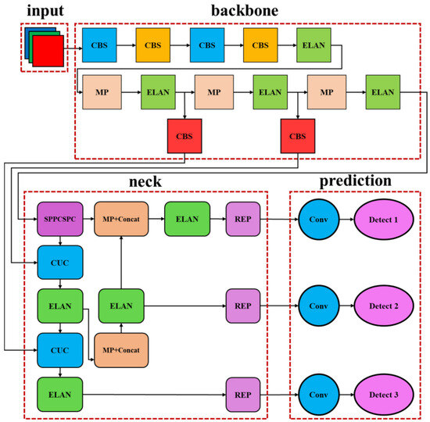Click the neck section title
click(145, 181)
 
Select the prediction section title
click(355, 181)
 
